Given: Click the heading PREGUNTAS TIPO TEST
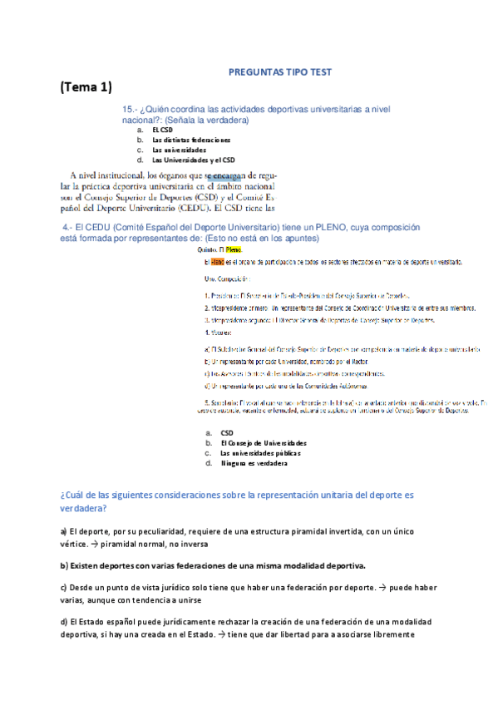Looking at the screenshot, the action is pos(280,72).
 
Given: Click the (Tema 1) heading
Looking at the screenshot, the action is pos(86,87).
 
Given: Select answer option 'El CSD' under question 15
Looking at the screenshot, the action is pos(163,131).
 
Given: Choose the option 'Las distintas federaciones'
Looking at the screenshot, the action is pos(191,141).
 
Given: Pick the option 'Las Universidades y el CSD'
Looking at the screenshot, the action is pos(193,160).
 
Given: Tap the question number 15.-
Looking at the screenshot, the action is pos(130,110).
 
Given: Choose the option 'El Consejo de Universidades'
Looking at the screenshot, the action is pos(264,443).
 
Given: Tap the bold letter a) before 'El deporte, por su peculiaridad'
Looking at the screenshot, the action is pos(63,530).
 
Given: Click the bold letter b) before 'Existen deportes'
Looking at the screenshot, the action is pos(63,565).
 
